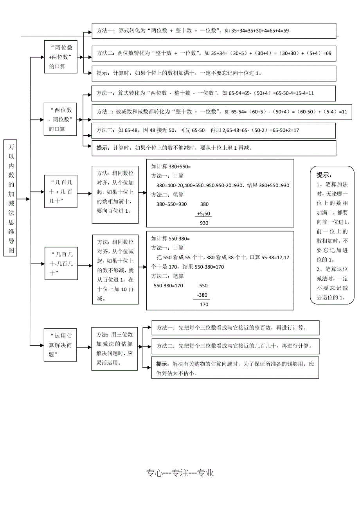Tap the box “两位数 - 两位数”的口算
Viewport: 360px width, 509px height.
(60, 119)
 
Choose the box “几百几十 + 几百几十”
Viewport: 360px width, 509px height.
(61, 191)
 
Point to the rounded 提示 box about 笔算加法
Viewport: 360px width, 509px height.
(332, 235)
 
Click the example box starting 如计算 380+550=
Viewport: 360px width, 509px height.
(220, 193)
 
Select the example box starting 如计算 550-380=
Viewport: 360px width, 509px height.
(220, 271)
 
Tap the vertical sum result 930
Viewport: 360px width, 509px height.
(204, 223)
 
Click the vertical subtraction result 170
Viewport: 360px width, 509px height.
(204, 305)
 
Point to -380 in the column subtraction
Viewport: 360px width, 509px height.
(203, 295)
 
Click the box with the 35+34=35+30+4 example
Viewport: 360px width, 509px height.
(214, 30)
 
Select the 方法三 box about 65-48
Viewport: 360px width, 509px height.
(214, 130)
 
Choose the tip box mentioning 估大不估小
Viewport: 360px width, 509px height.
(235, 368)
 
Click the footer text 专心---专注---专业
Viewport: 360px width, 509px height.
(180, 473)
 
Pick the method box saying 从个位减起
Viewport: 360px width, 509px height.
(115, 270)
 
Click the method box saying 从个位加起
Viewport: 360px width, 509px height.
(115, 195)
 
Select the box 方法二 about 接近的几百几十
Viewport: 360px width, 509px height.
(235, 346)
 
